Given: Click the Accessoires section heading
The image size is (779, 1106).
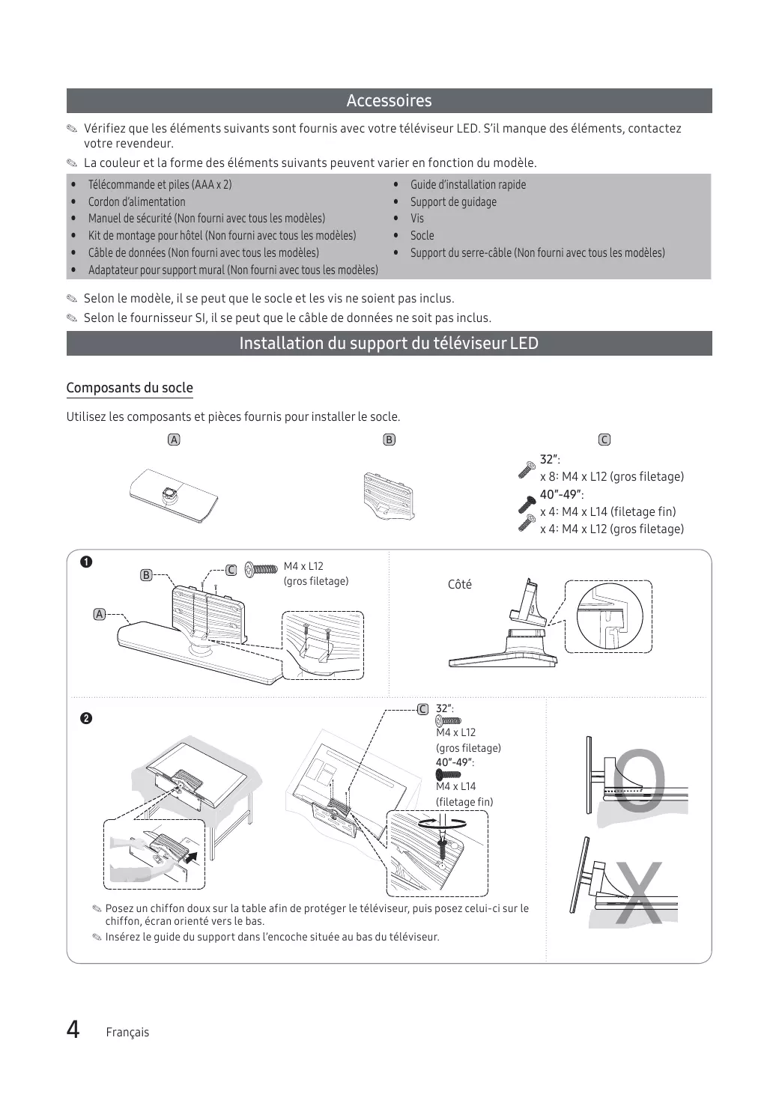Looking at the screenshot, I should [389, 101].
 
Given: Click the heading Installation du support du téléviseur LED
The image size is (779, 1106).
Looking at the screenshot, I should [389, 344].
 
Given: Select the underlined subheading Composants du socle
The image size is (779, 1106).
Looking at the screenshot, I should [130, 388].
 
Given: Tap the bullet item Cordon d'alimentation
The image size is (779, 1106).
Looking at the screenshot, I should [136, 201].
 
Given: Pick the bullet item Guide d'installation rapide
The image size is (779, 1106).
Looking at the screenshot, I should [467, 185].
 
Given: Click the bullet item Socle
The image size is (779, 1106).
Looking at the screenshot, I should [422, 235].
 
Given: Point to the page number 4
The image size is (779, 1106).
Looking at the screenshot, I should [73, 1030].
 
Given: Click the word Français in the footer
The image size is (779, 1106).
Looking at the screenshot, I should [127, 1032].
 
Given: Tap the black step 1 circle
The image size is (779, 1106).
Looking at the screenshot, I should [86, 562].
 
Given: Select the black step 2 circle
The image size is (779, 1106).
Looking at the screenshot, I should [86, 719].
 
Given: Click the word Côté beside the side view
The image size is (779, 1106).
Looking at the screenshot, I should [459, 585].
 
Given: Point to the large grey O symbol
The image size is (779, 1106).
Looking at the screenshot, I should [639, 780].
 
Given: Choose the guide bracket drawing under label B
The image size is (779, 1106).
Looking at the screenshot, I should [387, 494].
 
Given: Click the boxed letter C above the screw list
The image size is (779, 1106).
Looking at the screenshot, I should [604, 440].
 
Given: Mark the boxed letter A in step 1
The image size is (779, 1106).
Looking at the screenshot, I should [99, 614].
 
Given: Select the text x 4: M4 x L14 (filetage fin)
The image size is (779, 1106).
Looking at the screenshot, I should [607, 512].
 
